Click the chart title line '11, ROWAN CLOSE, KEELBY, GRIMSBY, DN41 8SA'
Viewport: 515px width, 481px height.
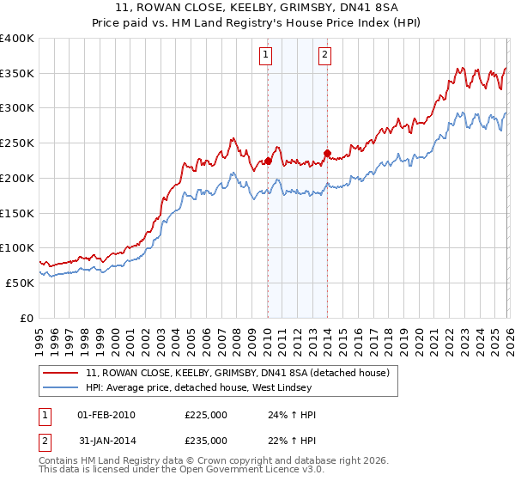(257, 8)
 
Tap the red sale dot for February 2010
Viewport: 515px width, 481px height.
(268, 161)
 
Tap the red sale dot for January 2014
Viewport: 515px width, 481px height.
(327, 154)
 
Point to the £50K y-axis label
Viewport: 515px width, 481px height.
(20, 283)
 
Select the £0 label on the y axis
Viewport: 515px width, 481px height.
(27, 318)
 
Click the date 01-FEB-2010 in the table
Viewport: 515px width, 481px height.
(106, 414)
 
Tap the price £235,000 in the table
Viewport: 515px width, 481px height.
(205, 440)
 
